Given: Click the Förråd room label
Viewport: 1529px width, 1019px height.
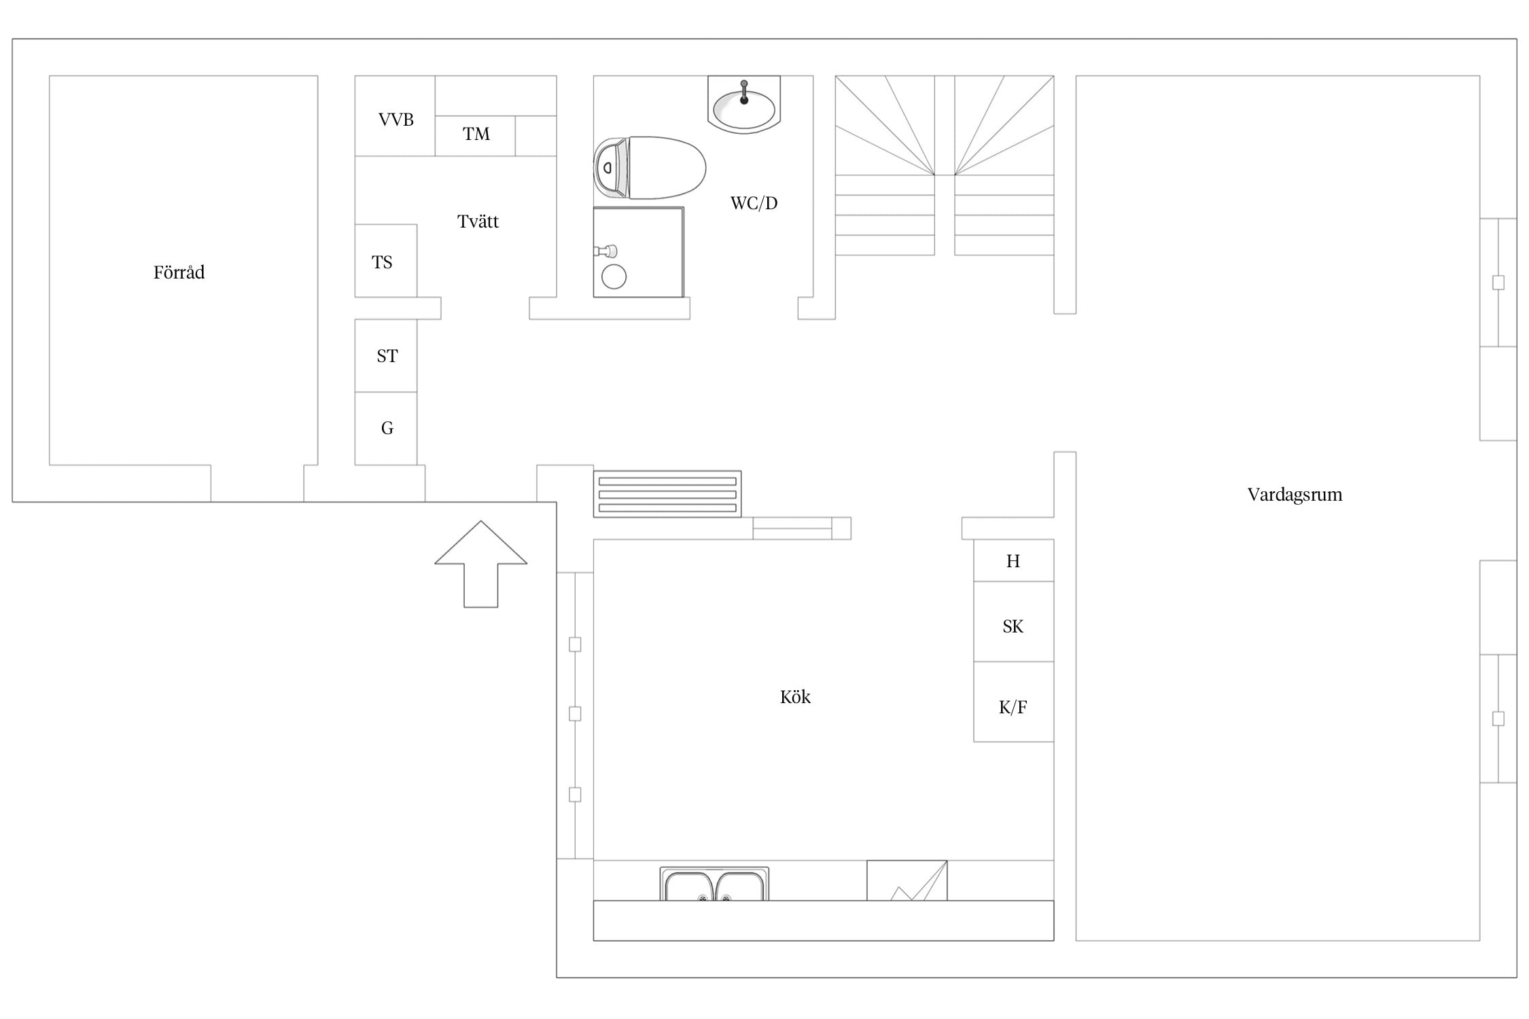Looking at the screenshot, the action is pos(179,272).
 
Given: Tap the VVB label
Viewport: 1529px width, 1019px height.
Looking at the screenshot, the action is pos(396,120).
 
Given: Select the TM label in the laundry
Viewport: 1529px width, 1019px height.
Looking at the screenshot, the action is pos(476,134).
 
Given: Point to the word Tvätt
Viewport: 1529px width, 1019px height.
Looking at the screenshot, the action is pos(478,221).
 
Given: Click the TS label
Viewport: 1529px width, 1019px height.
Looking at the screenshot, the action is pos(382,262).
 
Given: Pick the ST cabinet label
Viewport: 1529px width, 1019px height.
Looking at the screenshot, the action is pos(387,356).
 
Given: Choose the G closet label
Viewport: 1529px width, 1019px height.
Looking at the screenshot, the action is pos(387,428).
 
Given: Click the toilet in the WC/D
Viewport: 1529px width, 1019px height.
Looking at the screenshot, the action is pos(650,168).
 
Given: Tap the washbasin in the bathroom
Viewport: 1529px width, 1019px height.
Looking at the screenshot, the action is pos(744,105).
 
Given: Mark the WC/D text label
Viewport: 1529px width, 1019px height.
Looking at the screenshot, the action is pos(754,203).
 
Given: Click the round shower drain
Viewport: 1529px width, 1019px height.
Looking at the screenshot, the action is pos(614,276).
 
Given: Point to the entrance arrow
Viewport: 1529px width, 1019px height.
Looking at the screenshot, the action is pos(480,564).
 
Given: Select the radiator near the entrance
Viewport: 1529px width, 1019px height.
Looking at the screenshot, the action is pos(667,494).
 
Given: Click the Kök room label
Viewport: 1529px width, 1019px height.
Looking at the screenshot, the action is pos(795,697).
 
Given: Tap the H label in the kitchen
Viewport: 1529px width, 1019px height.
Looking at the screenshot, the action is pos(1013,561).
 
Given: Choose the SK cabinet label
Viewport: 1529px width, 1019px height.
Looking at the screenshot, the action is pos(1013,626).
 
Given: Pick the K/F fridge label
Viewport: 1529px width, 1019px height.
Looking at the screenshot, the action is pos(1013,708).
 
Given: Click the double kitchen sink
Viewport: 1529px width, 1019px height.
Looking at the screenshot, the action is pos(714,884).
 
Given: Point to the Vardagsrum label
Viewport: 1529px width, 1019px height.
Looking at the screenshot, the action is pos(1295,495).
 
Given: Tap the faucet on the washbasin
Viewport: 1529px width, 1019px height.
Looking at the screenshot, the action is pos(744,92).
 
